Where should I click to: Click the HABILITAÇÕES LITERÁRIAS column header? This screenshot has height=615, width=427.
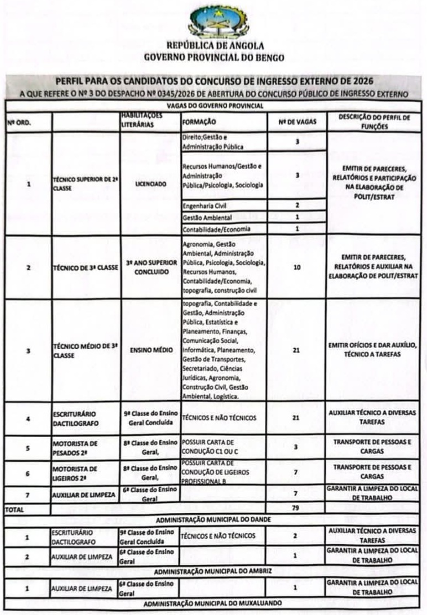point(142,122)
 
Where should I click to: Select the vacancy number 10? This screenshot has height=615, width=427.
point(297,267)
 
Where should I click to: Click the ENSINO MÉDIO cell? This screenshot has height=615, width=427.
point(150,350)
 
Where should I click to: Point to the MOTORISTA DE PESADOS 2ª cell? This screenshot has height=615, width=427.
point(75,447)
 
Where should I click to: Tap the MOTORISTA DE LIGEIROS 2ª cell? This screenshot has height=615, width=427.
point(75,472)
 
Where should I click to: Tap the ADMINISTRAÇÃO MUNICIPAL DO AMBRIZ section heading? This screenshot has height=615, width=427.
point(213,570)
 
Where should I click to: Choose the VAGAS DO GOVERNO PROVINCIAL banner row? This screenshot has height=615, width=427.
point(213,105)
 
